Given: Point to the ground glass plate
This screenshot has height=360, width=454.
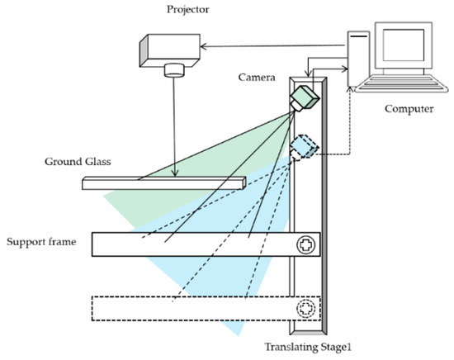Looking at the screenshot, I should coord(165,182).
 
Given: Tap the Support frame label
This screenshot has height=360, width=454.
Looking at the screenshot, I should coord(41,243).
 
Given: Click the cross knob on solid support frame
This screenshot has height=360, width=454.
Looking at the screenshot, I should coord(305,245).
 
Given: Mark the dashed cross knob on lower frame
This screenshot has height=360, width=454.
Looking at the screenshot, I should coord(305,309).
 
